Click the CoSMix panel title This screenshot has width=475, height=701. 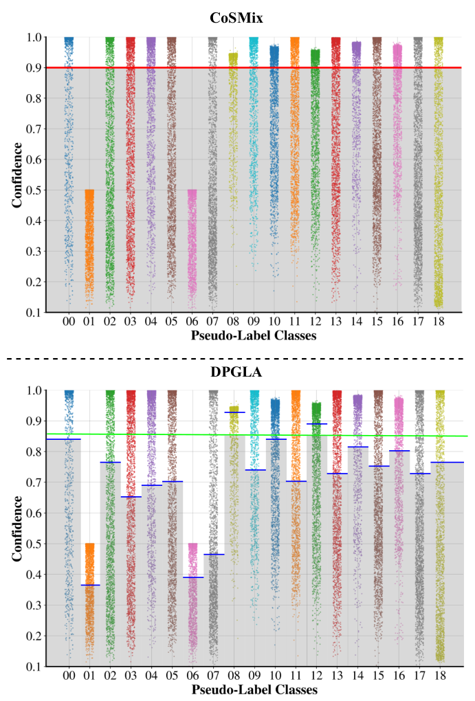coord(237,19)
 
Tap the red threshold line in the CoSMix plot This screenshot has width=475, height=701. coord(254,68)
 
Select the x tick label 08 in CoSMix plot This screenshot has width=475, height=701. coord(234,321)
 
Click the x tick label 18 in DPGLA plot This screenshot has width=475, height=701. coord(440,676)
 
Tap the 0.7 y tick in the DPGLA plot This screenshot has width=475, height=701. coord(34,482)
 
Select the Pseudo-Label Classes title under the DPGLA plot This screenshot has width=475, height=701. coord(254,689)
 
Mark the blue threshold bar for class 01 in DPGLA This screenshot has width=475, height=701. coord(89,585)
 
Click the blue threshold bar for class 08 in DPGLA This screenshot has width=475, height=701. coord(234,412)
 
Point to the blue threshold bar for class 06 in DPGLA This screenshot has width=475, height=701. coord(192,577)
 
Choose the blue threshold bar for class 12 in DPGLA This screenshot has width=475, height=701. coord(316,424)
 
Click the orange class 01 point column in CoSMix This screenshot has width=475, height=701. coord(89,247)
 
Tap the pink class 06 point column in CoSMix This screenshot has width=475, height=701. coord(192,247)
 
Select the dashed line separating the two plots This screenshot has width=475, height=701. coord(237,358)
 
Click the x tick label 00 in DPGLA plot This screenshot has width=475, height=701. coord(69,676)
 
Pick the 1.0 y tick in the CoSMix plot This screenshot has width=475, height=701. coord(34,37)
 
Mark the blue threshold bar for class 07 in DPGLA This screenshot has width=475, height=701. coord(213,554)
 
